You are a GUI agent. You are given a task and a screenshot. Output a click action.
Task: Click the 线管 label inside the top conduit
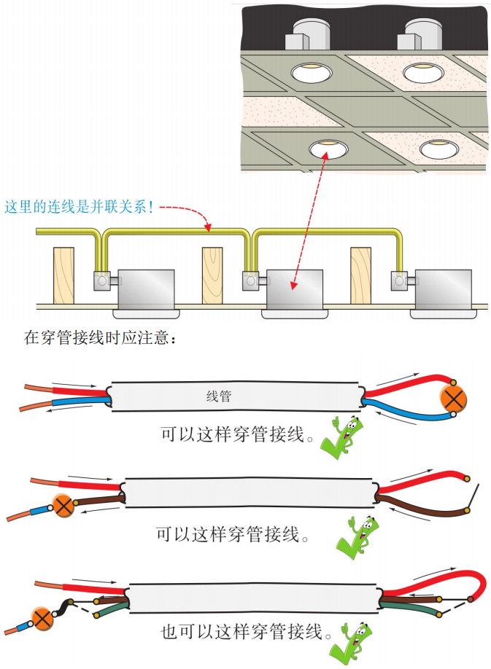pos(220,398)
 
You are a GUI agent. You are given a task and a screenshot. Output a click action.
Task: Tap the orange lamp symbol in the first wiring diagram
pos(454,399)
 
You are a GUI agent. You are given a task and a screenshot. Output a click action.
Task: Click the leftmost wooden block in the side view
pos(64,275)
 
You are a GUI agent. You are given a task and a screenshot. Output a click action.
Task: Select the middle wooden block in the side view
pos(212,275)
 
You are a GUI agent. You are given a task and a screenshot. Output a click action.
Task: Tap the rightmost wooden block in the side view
pos(360,275)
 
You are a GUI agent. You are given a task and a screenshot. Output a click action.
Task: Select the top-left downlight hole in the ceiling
pos(310,72)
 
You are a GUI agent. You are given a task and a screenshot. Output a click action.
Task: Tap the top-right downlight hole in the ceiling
pos(423,71)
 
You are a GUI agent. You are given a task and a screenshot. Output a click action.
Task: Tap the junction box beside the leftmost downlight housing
pos(102,279)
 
